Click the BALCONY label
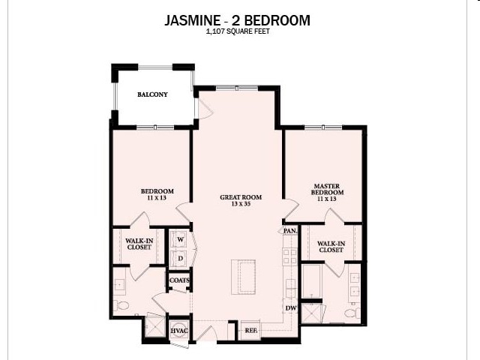(x=152, y=94)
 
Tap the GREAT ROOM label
(x=235, y=197)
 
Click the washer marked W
(x=179, y=239)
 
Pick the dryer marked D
(x=179, y=259)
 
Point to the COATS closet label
(x=178, y=280)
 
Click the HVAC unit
(x=178, y=331)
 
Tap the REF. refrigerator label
(x=250, y=331)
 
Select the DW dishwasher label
(x=290, y=308)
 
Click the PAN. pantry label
(x=289, y=231)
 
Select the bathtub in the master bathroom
(x=313, y=280)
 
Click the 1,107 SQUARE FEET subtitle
(x=236, y=33)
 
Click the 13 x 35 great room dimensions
(x=235, y=205)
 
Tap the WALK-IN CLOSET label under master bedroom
(x=331, y=247)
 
